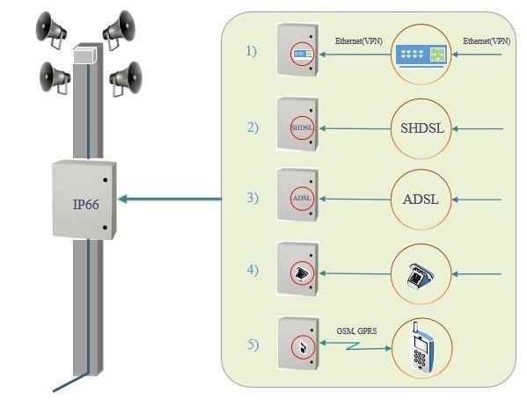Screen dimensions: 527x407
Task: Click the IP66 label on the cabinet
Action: point(86,205)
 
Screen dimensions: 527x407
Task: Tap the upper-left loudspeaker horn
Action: point(50,30)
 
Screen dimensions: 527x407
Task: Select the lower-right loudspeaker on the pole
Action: point(126,79)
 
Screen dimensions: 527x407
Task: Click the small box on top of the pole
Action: point(85,55)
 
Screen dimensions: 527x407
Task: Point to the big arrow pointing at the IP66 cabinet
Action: point(170,199)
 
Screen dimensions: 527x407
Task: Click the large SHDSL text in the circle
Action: point(422,128)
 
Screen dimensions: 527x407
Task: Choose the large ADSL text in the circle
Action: point(421,200)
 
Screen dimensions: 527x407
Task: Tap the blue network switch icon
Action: point(421,55)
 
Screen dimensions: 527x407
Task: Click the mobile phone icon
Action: point(421,347)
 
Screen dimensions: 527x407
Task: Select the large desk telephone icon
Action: point(421,274)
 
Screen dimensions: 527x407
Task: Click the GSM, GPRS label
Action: point(356,331)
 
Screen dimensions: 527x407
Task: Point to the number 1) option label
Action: point(252,51)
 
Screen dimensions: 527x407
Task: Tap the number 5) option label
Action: point(253,345)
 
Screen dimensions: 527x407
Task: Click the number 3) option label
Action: point(253,198)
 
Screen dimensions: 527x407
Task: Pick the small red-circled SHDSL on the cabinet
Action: point(302,127)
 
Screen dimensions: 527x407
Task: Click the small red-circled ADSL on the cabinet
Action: point(302,199)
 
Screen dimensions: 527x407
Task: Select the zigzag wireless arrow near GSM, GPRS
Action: point(355,345)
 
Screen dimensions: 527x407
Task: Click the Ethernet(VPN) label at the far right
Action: point(487,41)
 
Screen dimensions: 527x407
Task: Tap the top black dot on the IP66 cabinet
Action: point(106,180)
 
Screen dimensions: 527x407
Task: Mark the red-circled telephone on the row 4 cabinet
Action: point(302,273)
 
